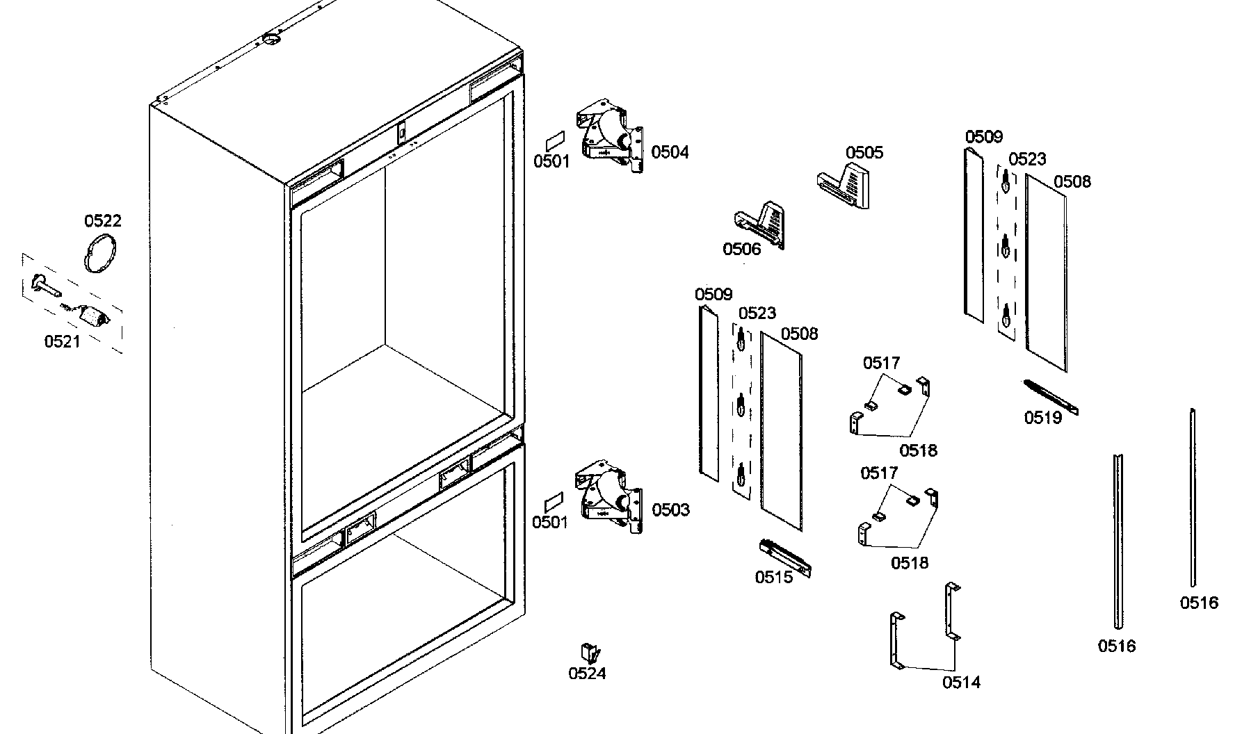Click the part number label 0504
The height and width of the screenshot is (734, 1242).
(670, 152)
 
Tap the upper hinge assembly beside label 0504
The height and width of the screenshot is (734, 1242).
(609, 137)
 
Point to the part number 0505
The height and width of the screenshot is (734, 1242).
(864, 152)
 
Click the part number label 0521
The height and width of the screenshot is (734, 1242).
(62, 341)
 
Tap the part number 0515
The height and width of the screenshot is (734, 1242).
(774, 577)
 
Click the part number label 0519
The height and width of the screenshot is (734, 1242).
(1043, 417)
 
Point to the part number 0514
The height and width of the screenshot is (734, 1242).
(961, 682)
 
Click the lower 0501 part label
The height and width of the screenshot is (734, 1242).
(549, 522)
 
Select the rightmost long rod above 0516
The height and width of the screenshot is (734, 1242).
(1193, 497)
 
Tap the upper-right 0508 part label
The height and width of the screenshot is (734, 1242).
(1072, 181)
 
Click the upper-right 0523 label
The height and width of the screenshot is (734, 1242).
(1027, 159)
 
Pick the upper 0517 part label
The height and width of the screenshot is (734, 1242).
(881, 362)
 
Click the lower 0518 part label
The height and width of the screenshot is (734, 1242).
(910, 562)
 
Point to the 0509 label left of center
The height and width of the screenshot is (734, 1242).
(713, 294)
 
